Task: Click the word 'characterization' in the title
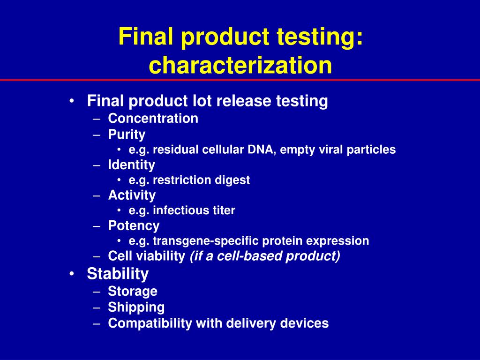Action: (240, 65)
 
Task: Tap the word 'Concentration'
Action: (153, 119)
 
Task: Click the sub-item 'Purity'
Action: (127, 135)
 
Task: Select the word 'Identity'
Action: (131, 165)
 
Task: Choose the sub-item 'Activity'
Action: (132, 195)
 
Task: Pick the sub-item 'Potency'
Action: (134, 225)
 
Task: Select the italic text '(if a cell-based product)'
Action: (265, 256)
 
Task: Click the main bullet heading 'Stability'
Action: (118, 274)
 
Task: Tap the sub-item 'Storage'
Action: (133, 291)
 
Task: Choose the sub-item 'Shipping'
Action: (136, 307)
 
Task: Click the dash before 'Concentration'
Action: (97, 119)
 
